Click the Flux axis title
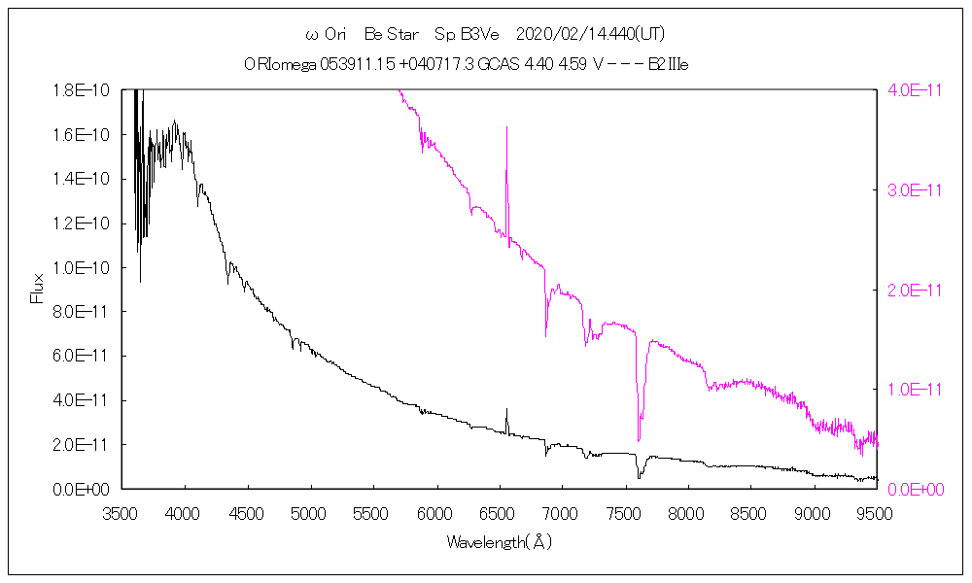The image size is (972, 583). click(x=38, y=289)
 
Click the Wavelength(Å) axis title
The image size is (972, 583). click(x=499, y=542)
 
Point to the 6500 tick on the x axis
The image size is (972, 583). click(x=499, y=511)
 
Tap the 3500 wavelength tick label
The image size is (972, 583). click(x=121, y=511)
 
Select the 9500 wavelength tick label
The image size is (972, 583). click(x=877, y=511)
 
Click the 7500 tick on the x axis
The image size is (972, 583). click(x=625, y=511)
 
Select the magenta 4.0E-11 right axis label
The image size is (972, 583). click(x=911, y=90)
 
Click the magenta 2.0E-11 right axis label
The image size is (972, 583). click(x=911, y=290)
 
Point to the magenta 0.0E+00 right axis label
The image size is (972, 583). click(x=911, y=489)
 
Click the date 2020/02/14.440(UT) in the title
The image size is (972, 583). click(x=591, y=35)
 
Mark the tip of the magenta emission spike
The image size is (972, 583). click(x=506, y=127)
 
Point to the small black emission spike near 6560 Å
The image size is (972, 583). click(x=506, y=410)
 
